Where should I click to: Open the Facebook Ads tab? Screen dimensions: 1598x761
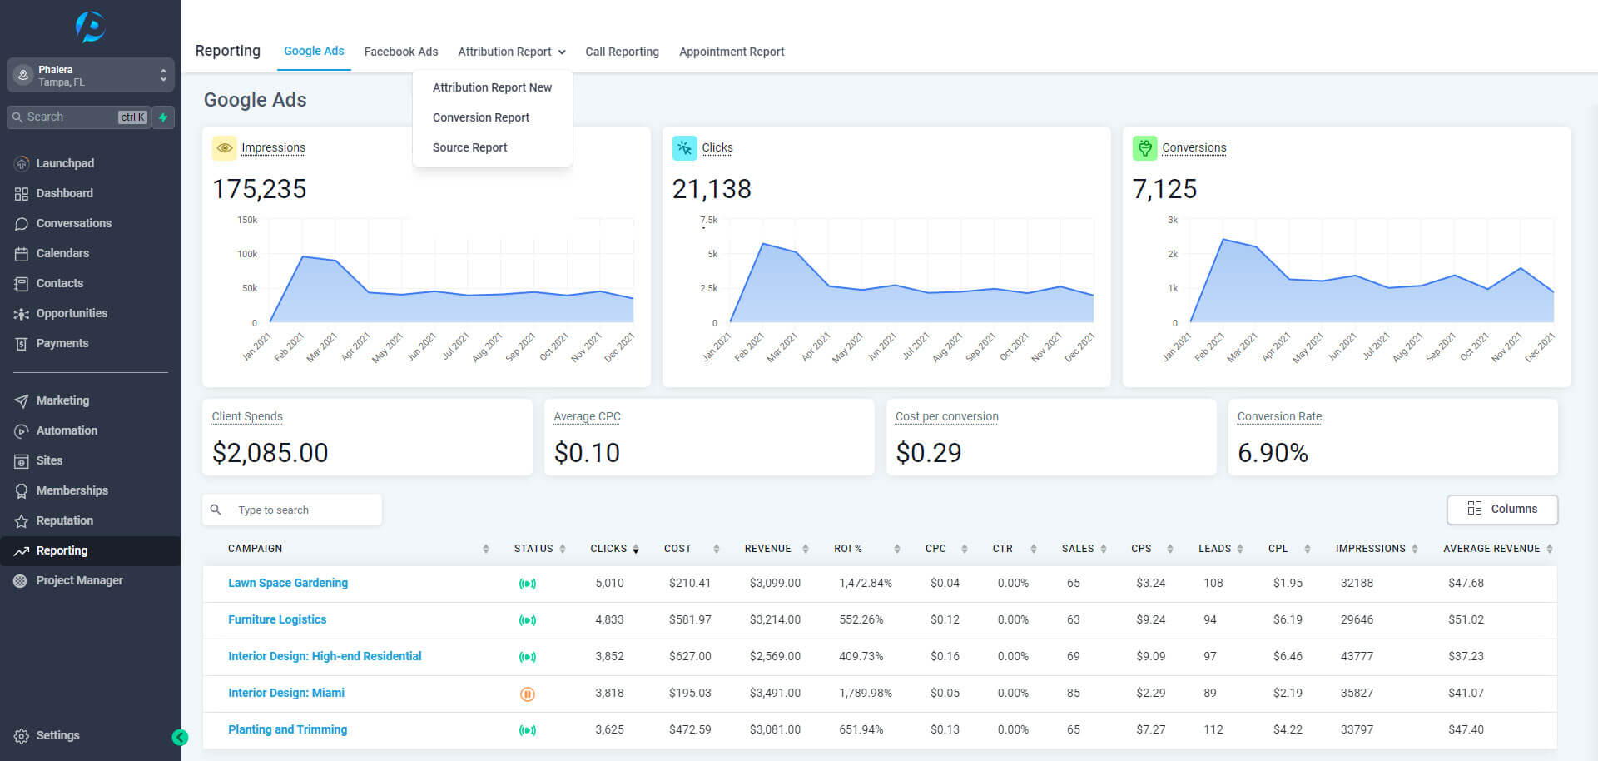pyautogui.click(x=401, y=52)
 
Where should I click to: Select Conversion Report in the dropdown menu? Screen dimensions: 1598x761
pyautogui.click(x=481, y=117)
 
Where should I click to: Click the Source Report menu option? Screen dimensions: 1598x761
pyautogui.click(x=469, y=147)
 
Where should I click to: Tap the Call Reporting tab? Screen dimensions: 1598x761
pyautogui.click(x=622, y=52)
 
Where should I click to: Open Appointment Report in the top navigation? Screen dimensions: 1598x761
pyautogui.click(x=732, y=52)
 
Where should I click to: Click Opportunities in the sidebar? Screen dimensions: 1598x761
pyautogui.click(x=72, y=313)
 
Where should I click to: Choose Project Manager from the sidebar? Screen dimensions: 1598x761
pyautogui.click(x=79, y=580)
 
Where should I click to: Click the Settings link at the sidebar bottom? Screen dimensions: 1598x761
pyautogui.click(x=57, y=735)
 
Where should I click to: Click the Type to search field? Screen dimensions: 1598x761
pyautogui.click(x=292, y=510)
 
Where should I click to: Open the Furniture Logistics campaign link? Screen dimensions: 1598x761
pyautogui.click(x=277, y=619)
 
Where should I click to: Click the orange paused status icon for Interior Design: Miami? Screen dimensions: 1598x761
pyautogui.click(x=528, y=694)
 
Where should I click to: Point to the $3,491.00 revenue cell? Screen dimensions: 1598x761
pyautogui.click(x=775, y=693)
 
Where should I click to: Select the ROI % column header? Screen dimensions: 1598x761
pyautogui.click(x=848, y=549)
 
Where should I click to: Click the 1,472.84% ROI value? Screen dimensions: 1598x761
pyautogui.click(x=866, y=583)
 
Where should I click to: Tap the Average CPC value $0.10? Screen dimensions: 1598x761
pyautogui.click(x=587, y=453)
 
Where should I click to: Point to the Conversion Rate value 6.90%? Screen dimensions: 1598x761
pyautogui.click(x=1273, y=453)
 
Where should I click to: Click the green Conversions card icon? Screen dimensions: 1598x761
pyautogui.click(x=1145, y=148)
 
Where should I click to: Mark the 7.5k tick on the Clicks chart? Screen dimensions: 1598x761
pyautogui.click(x=708, y=220)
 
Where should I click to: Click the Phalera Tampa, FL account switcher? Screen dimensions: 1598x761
pyautogui.click(x=91, y=75)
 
